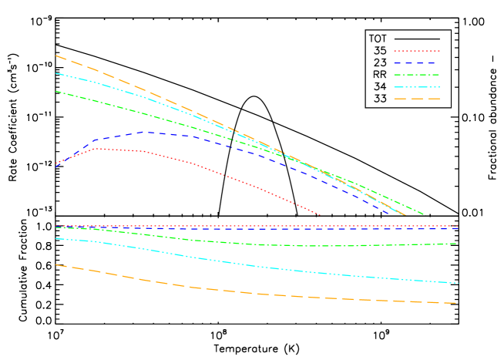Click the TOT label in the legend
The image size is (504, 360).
[x=378, y=39]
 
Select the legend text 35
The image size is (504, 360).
[x=380, y=51]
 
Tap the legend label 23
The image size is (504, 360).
[x=380, y=62]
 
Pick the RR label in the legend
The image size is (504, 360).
[x=380, y=75]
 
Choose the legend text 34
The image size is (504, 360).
[x=380, y=86]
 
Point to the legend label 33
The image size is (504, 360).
[x=380, y=99]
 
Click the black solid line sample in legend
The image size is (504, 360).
[x=417, y=39]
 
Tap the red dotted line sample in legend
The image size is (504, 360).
[x=417, y=51]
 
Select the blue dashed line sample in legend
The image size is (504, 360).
[x=417, y=62]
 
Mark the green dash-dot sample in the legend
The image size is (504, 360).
[x=417, y=75]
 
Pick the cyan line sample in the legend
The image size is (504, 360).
[x=417, y=86]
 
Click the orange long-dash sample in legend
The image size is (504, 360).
[x=417, y=99]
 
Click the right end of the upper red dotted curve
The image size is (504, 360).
[x=320, y=215]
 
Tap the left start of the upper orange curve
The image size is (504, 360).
[x=55, y=56]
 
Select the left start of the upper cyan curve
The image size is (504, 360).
[x=55, y=73]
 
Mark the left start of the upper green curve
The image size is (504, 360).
[x=55, y=91]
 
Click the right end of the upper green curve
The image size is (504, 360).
[x=423, y=214]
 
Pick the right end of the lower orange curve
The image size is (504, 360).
[x=457, y=303]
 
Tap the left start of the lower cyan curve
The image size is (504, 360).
[x=55, y=239]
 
